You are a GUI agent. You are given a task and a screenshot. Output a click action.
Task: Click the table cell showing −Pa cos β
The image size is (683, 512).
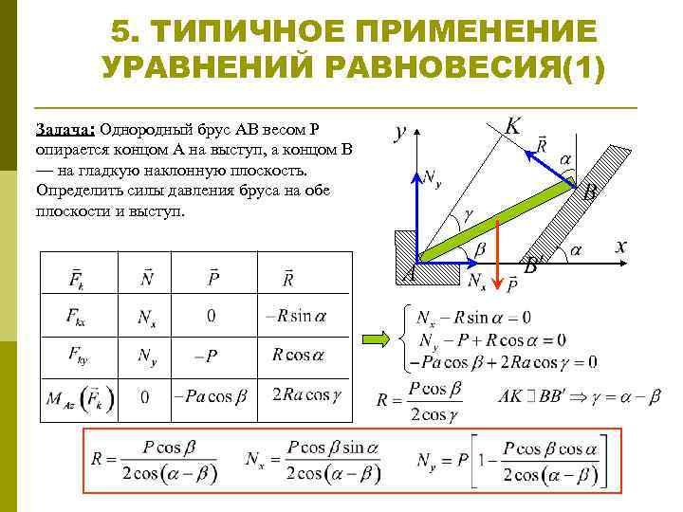pos(210,396)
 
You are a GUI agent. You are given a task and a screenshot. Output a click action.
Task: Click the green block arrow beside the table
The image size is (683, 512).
pos(379,338)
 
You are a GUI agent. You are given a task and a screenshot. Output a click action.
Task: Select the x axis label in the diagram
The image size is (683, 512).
pos(621,245)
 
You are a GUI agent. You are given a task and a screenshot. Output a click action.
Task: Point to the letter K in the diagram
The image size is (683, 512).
pos(512,126)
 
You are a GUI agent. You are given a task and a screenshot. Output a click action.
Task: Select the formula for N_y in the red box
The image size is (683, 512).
pos(512,461)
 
